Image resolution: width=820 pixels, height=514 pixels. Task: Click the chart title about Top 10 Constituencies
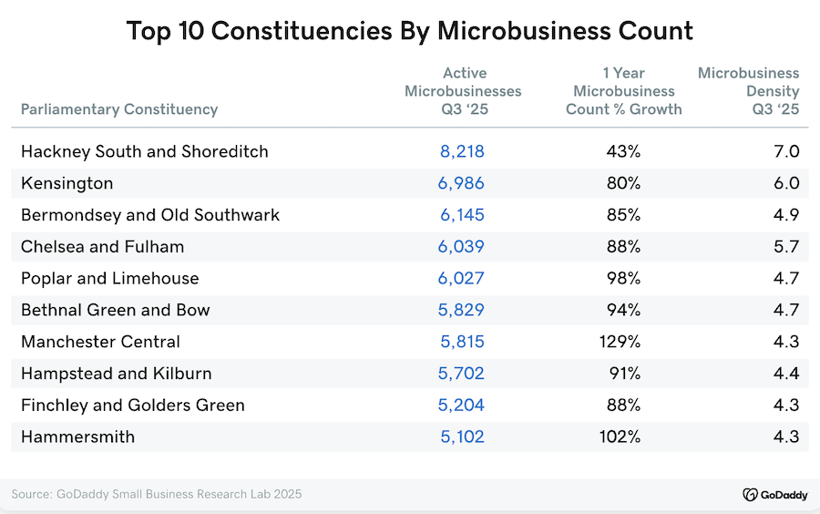[x=410, y=30]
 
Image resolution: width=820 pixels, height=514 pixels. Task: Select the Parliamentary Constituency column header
[x=119, y=109]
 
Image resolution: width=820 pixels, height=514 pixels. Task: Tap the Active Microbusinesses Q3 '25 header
[x=463, y=91]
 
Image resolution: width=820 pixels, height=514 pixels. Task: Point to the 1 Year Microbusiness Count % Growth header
[x=624, y=91]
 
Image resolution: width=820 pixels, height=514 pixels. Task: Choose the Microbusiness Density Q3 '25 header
[x=749, y=91]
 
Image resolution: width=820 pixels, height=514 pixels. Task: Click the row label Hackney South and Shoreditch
[x=145, y=151]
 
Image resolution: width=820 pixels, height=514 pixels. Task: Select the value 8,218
[x=462, y=151]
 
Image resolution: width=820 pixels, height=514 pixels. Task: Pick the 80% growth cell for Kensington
[x=624, y=183]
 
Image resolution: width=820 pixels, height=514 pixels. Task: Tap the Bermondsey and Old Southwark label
[x=150, y=215]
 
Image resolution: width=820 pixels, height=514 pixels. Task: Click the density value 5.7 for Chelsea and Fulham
[x=786, y=246]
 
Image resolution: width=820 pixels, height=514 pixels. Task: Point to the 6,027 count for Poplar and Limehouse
[x=462, y=278]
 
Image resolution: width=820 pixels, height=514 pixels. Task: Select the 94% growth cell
[x=624, y=310]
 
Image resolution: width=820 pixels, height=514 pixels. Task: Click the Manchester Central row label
[x=101, y=342]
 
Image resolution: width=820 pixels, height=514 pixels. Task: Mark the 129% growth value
[x=621, y=342]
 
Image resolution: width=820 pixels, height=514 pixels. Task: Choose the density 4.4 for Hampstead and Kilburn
[x=786, y=373]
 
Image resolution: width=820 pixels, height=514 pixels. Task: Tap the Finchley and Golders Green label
[x=133, y=405]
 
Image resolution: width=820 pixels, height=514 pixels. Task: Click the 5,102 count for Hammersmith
[x=462, y=437]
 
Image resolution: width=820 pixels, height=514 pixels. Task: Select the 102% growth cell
[x=621, y=437]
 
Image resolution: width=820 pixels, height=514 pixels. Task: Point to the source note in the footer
[x=157, y=494]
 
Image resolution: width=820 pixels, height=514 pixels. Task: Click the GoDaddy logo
[x=774, y=494]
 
